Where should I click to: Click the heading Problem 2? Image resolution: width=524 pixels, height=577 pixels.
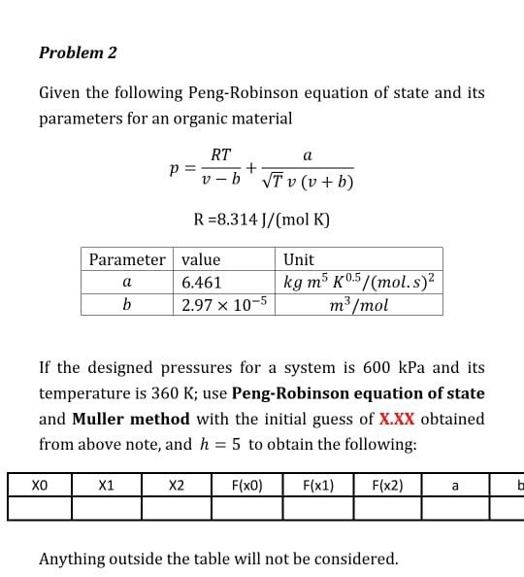78,52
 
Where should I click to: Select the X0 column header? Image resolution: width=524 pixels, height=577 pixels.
39,484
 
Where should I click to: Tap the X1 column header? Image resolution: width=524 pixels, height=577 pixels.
107,484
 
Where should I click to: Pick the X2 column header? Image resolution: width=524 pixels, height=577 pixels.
176,484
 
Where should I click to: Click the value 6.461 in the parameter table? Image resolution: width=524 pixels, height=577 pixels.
202,283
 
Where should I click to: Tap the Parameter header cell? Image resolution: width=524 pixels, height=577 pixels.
127,259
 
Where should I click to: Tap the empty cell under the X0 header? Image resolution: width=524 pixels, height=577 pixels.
39,508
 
